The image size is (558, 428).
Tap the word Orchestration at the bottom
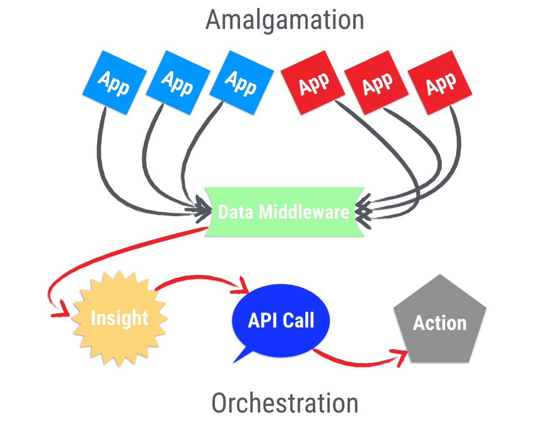tap(285, 402)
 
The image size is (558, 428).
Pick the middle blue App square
tap(177, 82)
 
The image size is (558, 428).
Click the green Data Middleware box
tap(283, 212)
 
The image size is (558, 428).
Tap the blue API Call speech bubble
tap(281, 320)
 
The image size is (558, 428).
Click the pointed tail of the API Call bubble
tap(241, 356)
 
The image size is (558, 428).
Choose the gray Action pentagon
tap(439, 323)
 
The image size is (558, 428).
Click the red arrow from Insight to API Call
tap(200, 278)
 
